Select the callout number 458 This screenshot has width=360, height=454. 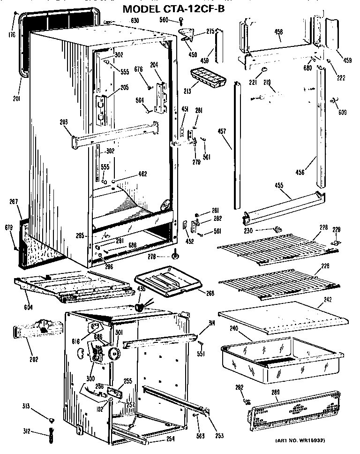click(278, 32)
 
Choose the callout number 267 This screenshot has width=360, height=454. click(13, 202)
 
